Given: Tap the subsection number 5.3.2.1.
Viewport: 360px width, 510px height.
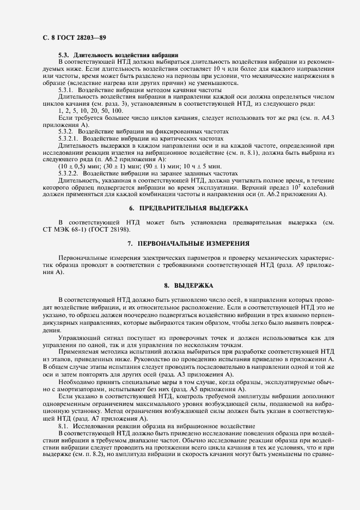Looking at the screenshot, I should coord(70,139).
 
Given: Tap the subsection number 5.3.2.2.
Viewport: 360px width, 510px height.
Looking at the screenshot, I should coord(70,172).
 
